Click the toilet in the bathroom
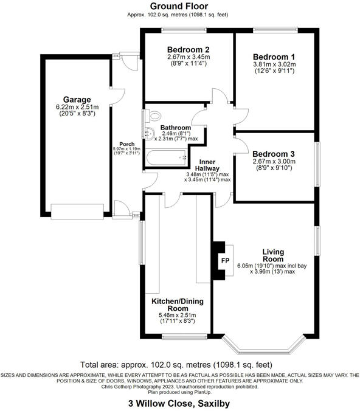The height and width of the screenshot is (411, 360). [153, 116]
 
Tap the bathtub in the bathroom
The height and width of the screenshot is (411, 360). [167, 157]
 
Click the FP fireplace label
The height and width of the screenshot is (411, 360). [225, 261]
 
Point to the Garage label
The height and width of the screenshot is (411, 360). [77, 100]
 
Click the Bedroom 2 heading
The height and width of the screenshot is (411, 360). [189, 49]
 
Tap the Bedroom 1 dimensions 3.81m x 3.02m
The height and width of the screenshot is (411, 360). [274, 64]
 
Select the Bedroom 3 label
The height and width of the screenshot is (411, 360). [274, 154]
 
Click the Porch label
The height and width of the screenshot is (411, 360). [127, 144]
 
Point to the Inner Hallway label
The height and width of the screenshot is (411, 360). [207, 165]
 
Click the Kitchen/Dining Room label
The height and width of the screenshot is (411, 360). [178, 305]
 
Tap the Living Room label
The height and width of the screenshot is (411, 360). [273, 255]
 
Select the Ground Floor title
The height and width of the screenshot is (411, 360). [179, 6]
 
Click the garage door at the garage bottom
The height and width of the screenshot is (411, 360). [77, 212]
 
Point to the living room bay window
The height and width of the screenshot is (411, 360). [265, 344]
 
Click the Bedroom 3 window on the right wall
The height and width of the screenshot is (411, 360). [317, 164]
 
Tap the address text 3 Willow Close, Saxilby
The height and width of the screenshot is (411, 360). [179, 403]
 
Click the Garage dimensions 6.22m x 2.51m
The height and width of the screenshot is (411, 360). [77, 107]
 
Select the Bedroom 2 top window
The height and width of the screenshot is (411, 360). [184, 30]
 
